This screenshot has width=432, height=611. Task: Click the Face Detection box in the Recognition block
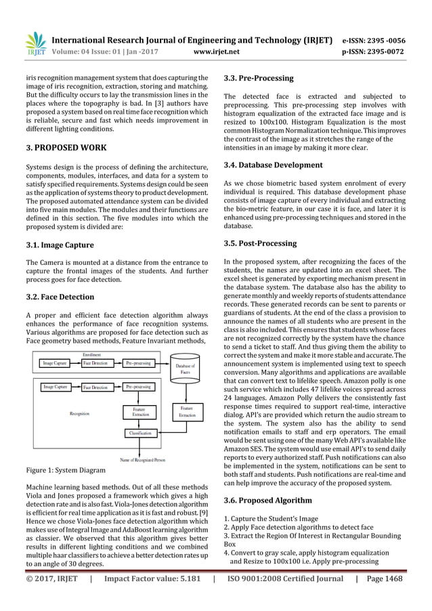click(97, 387)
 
